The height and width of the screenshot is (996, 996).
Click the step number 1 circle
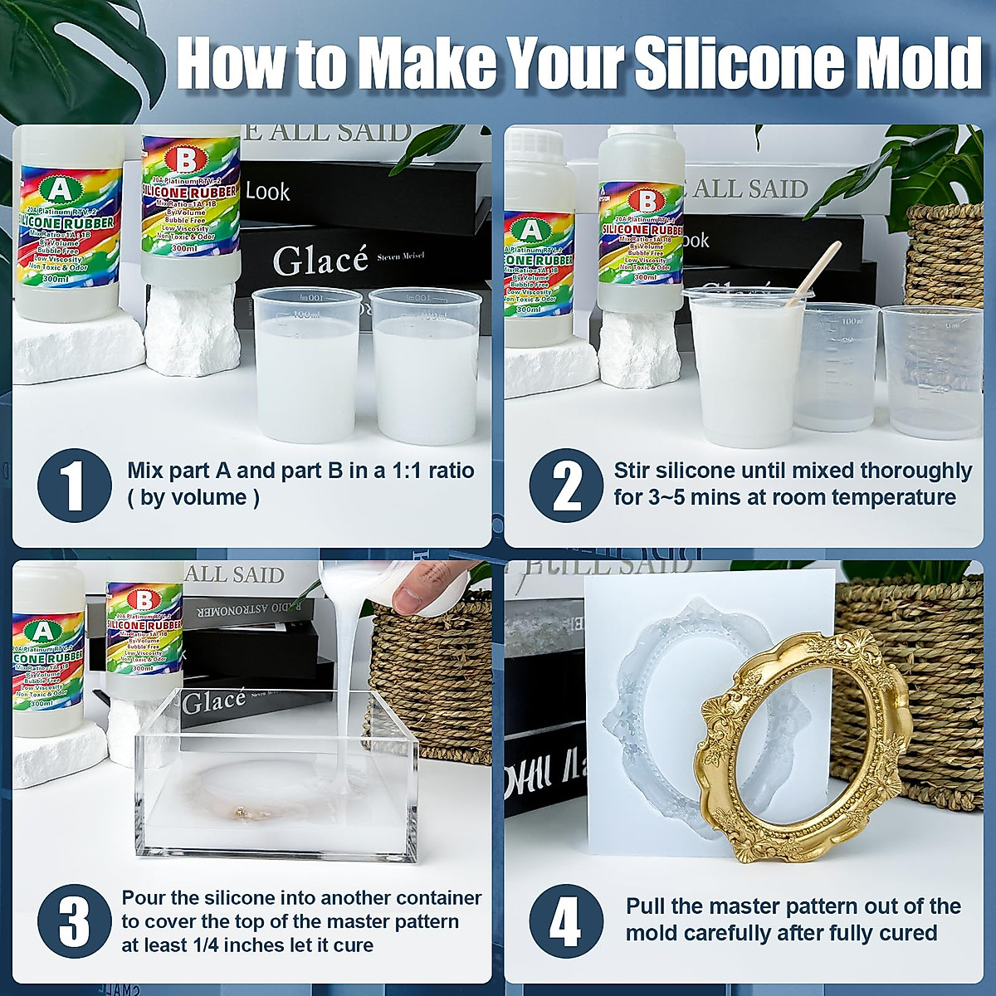(74, 485)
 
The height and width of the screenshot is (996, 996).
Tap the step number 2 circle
(566, 485)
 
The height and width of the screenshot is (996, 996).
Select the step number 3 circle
(74, 920)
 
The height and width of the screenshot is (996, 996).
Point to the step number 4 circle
(566, 920)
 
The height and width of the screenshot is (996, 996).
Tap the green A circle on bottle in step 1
(60, 190)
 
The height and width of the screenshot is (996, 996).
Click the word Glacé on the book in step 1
(320, 261)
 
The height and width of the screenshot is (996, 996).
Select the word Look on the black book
(267, 192)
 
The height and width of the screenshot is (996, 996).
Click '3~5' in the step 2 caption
(661, 497)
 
